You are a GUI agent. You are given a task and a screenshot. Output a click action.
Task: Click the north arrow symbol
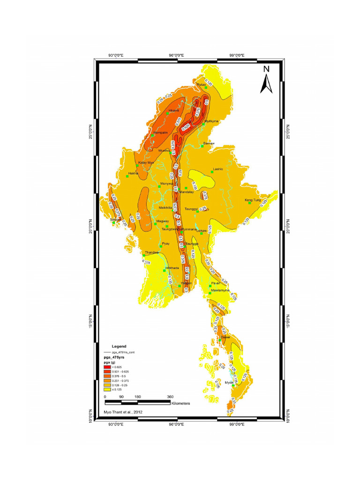266,80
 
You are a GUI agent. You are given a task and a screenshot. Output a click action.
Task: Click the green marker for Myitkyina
204,124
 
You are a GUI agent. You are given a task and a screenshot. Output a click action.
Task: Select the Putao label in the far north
201,84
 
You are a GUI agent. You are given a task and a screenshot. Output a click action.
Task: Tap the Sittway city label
115,219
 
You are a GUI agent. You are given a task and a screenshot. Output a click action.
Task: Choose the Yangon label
187,283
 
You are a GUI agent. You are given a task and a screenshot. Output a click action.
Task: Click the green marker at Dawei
226,341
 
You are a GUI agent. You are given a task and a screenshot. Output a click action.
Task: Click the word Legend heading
119,346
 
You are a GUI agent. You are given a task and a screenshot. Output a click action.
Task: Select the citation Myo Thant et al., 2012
123,412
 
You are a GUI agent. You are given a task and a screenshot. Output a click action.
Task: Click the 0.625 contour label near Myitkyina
186,127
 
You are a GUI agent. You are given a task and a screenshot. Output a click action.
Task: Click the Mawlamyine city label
220,290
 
